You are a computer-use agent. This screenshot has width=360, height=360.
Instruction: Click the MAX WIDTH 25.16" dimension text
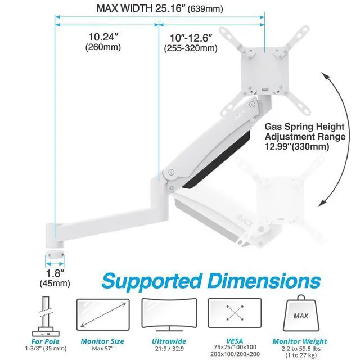coord(160,8)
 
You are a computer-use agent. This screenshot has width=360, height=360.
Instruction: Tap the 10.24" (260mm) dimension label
coord(103,42)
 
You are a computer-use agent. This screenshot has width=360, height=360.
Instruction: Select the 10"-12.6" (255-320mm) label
coord(191,42)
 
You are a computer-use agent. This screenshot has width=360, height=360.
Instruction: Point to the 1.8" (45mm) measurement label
coord(55,278)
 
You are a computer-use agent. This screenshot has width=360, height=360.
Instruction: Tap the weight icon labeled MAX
coord(300,316)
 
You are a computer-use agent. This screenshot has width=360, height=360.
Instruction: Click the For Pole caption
coord(45,340)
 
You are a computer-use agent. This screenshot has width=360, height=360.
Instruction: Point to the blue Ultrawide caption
coord(165,340)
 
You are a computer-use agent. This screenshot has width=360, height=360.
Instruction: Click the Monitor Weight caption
coord(300,340)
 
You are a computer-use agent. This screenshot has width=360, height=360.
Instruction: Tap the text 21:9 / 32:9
coord(165,349)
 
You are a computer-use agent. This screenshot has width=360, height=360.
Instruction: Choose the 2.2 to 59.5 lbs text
coord(300,348)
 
